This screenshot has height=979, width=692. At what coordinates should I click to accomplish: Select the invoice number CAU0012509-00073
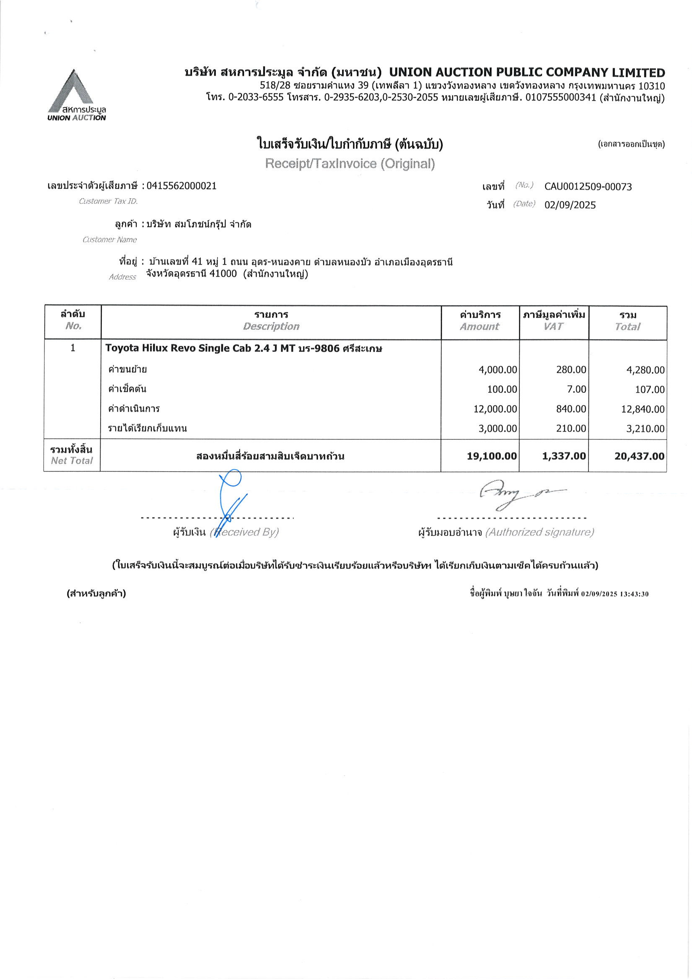pyautogui.click(x=588, y=186)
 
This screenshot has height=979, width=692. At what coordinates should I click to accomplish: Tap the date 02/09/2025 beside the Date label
pyautogui.click(x=570, y=205)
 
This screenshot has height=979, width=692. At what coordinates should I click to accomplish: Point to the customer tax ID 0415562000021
pyautogui.click(x=181, y=186)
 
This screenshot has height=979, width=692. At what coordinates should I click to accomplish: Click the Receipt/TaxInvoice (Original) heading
pyautogui.click(x=350, y=164)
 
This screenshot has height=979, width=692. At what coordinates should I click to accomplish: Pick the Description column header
pyautogui.click(x=271, y=326)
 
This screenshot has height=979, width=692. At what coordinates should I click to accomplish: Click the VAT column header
pyautogui.click(x=553, y=326)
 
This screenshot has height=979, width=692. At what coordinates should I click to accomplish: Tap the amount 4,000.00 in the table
pyautogui.click(x=498, y=370)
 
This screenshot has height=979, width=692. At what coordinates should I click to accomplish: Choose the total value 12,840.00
pyautogui.click(x=643, y=409)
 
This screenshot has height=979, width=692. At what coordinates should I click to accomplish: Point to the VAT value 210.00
pyautogui.click(x=571, y=428)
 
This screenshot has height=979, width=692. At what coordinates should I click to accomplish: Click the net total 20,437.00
pyautogui.click(x=639, y=456)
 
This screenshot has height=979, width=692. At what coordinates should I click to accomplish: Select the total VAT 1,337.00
pyautogui.click(x=564, y=456)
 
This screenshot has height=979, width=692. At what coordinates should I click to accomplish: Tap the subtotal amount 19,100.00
pyautogui.click(x=492, y=456)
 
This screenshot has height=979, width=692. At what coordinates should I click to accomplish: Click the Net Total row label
pyautogui.click(x=72, y=455)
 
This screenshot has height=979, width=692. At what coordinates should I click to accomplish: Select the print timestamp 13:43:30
pyautogui.click(x=634, y=594)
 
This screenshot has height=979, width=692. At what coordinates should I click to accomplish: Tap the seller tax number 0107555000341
pyautogui.click(x=560, y=98)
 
